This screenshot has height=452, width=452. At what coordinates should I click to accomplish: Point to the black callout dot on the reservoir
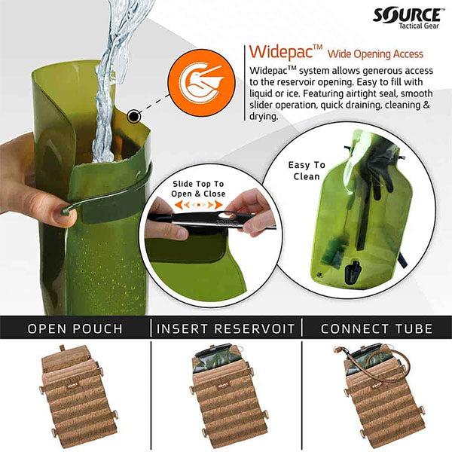tap(135, 115)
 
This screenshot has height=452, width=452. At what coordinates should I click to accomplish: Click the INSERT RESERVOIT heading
tap(225, 328)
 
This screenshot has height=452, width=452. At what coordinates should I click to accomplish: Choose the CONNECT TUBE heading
tap(377, 328)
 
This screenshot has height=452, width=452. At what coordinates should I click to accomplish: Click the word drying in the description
tap(263, 117)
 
